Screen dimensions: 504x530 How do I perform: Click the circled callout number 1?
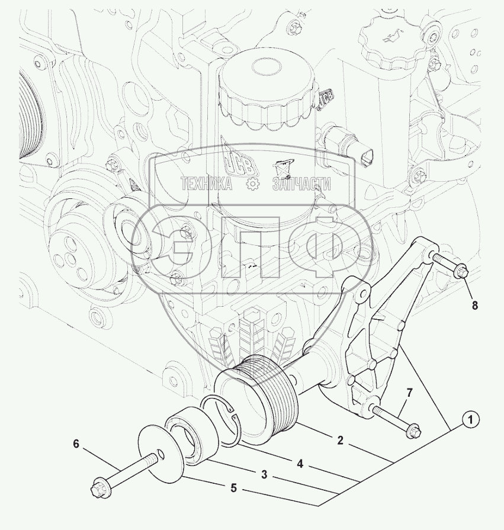[x=470, y=420]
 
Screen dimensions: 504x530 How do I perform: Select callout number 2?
[x=340, y=440]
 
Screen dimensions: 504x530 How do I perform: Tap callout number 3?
[x=264, y=474]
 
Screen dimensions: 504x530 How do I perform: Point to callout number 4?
[x=300, y=464]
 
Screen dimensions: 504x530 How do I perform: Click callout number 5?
[x=233, y=488]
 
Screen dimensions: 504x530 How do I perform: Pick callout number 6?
[x=76, y=444]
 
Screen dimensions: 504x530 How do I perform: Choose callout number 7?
[x=409, y=393]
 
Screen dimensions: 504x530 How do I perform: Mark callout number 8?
[x=474, y=306]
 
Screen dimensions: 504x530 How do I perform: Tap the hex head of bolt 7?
[x=414, y=431]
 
